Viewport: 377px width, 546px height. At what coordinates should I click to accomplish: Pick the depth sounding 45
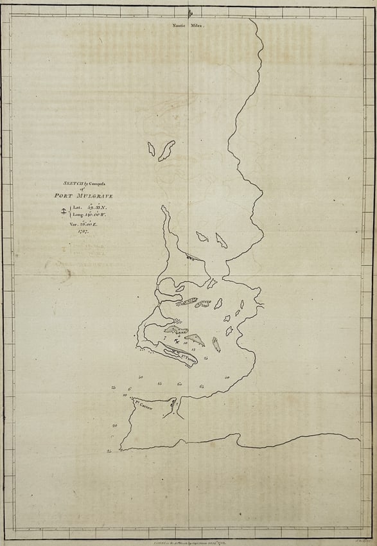pyautogui.click(x=159, y=383)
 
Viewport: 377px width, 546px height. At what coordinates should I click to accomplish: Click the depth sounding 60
pyautogui.click(x=180, y=383)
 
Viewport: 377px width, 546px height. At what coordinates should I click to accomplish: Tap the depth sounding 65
pyautogui.click(x=202, y=386)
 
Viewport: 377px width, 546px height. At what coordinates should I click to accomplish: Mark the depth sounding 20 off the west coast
pyautogui.click(x=114, y=426)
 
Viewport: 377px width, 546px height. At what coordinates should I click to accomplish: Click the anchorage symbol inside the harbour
pyautogui.click(x=168, y=341)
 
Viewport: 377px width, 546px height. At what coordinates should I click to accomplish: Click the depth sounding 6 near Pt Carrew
pyautogui.click(x=130, y=389)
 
